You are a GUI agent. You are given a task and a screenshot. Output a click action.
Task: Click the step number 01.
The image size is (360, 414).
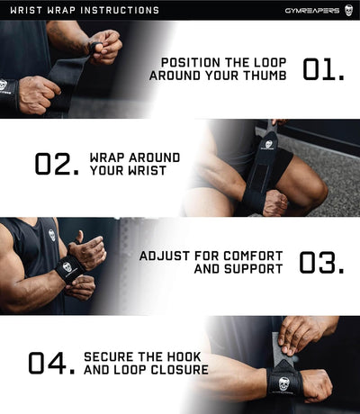coord(323,69)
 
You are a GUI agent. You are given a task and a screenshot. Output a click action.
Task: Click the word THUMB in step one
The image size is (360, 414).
coord(265,76)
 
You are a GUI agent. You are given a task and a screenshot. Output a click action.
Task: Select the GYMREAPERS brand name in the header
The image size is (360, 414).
coord(309,11)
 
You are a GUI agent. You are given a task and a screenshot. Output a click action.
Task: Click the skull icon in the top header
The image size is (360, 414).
coord(348,11)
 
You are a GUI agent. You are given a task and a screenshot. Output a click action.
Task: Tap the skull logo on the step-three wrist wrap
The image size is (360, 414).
coord(67,267)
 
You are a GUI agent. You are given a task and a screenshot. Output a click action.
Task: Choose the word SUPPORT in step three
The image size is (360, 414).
coord(257,269)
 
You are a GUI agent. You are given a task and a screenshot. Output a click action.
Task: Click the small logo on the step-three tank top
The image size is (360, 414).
coord(51,236)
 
